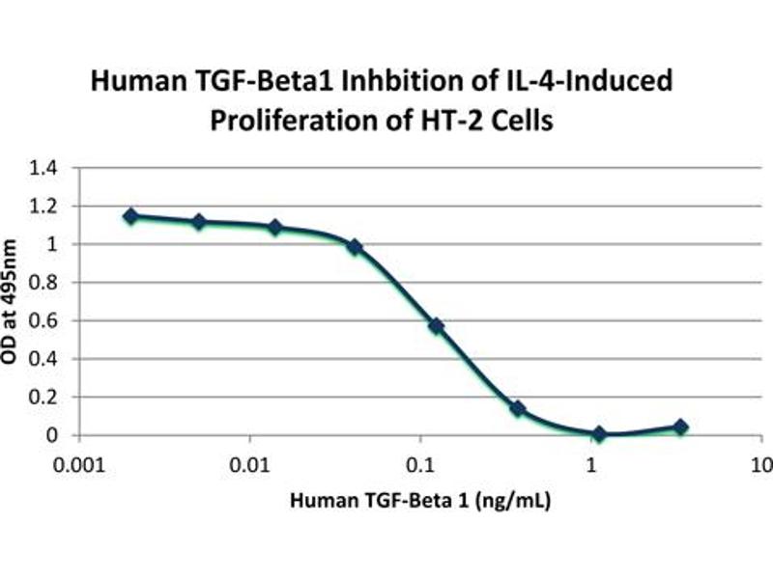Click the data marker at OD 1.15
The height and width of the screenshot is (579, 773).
[x=130, y=216]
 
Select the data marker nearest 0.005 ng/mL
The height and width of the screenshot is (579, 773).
[x=199, y=222]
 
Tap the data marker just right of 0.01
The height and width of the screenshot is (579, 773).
[x=275, y=228]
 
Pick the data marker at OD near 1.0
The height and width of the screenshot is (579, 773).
[x=355, y=247]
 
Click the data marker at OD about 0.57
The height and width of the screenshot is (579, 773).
[x=437, y=326]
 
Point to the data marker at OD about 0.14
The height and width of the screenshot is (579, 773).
[x=518, y=408]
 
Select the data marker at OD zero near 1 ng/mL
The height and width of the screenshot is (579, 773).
[x=600, y=434]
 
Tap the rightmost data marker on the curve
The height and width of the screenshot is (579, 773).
[x=681, y=427]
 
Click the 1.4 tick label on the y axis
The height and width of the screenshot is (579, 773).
[x=45, y=168]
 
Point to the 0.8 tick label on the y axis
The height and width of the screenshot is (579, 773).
[x=45, y=283]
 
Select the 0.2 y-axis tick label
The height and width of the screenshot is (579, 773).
[x=45, y=398]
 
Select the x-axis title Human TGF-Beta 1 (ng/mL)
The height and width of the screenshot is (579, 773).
[x=415, y=501]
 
